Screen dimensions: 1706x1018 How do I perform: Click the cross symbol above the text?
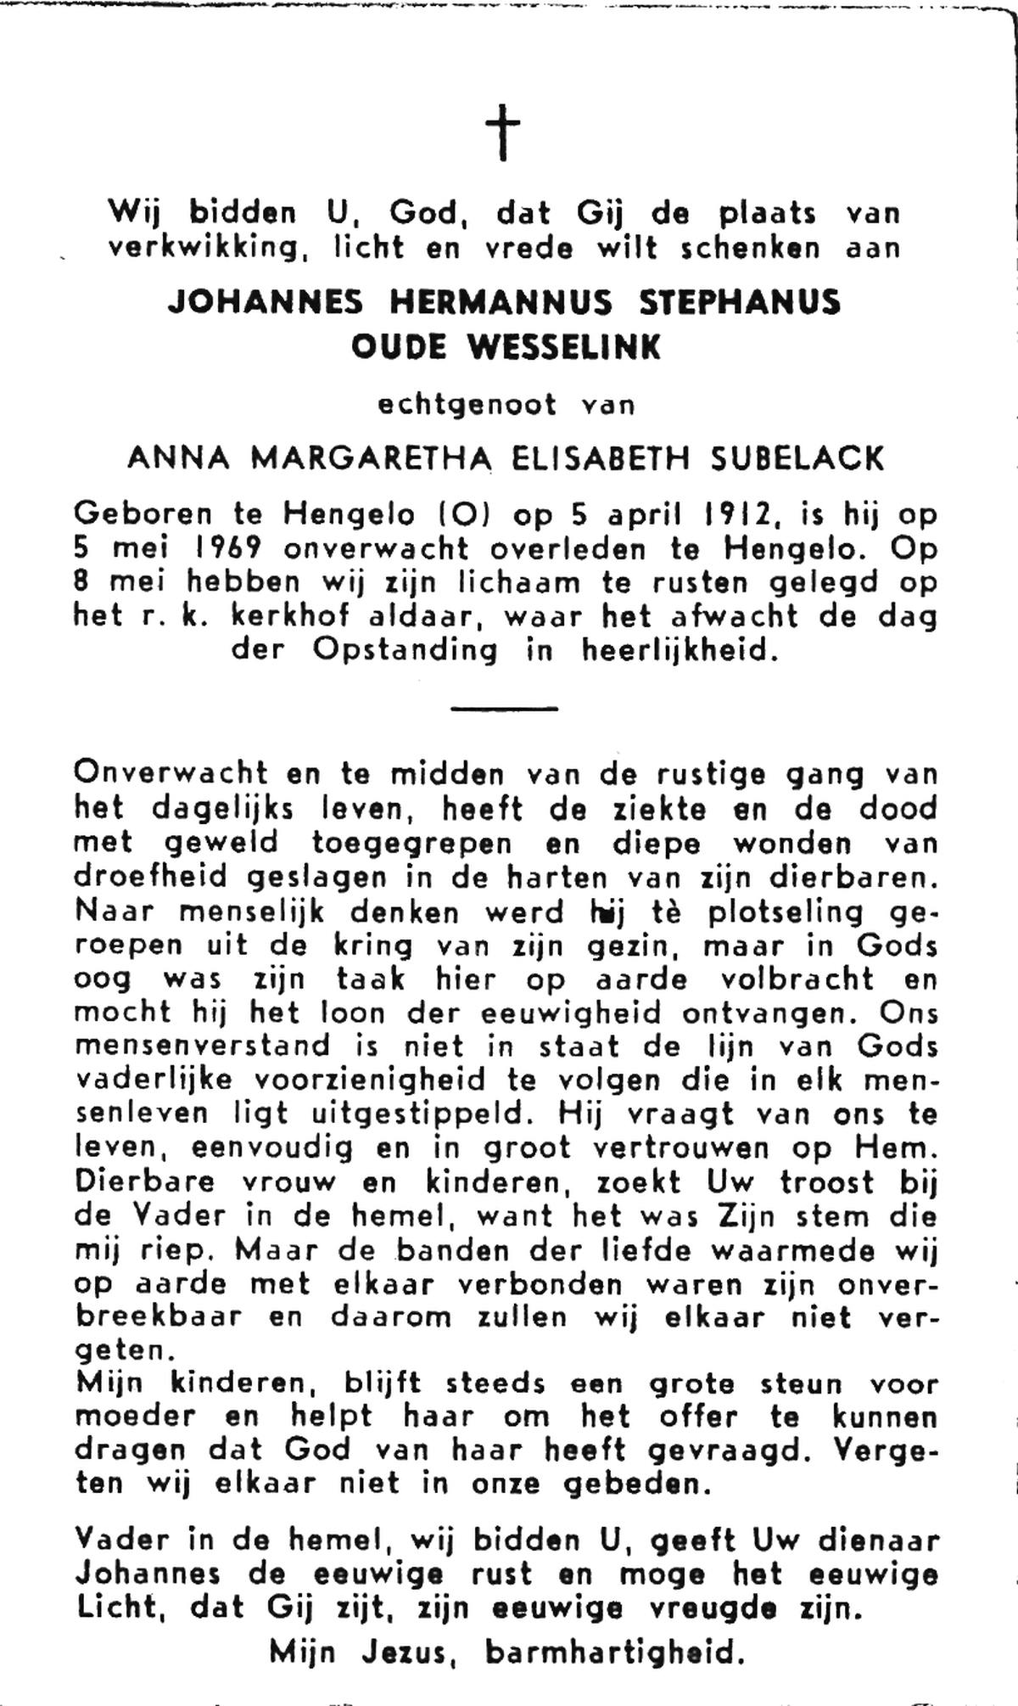[x=502, y=132]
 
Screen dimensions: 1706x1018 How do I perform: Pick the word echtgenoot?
[x=467, y=405]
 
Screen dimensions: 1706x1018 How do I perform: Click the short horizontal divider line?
[x=504, y=707]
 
